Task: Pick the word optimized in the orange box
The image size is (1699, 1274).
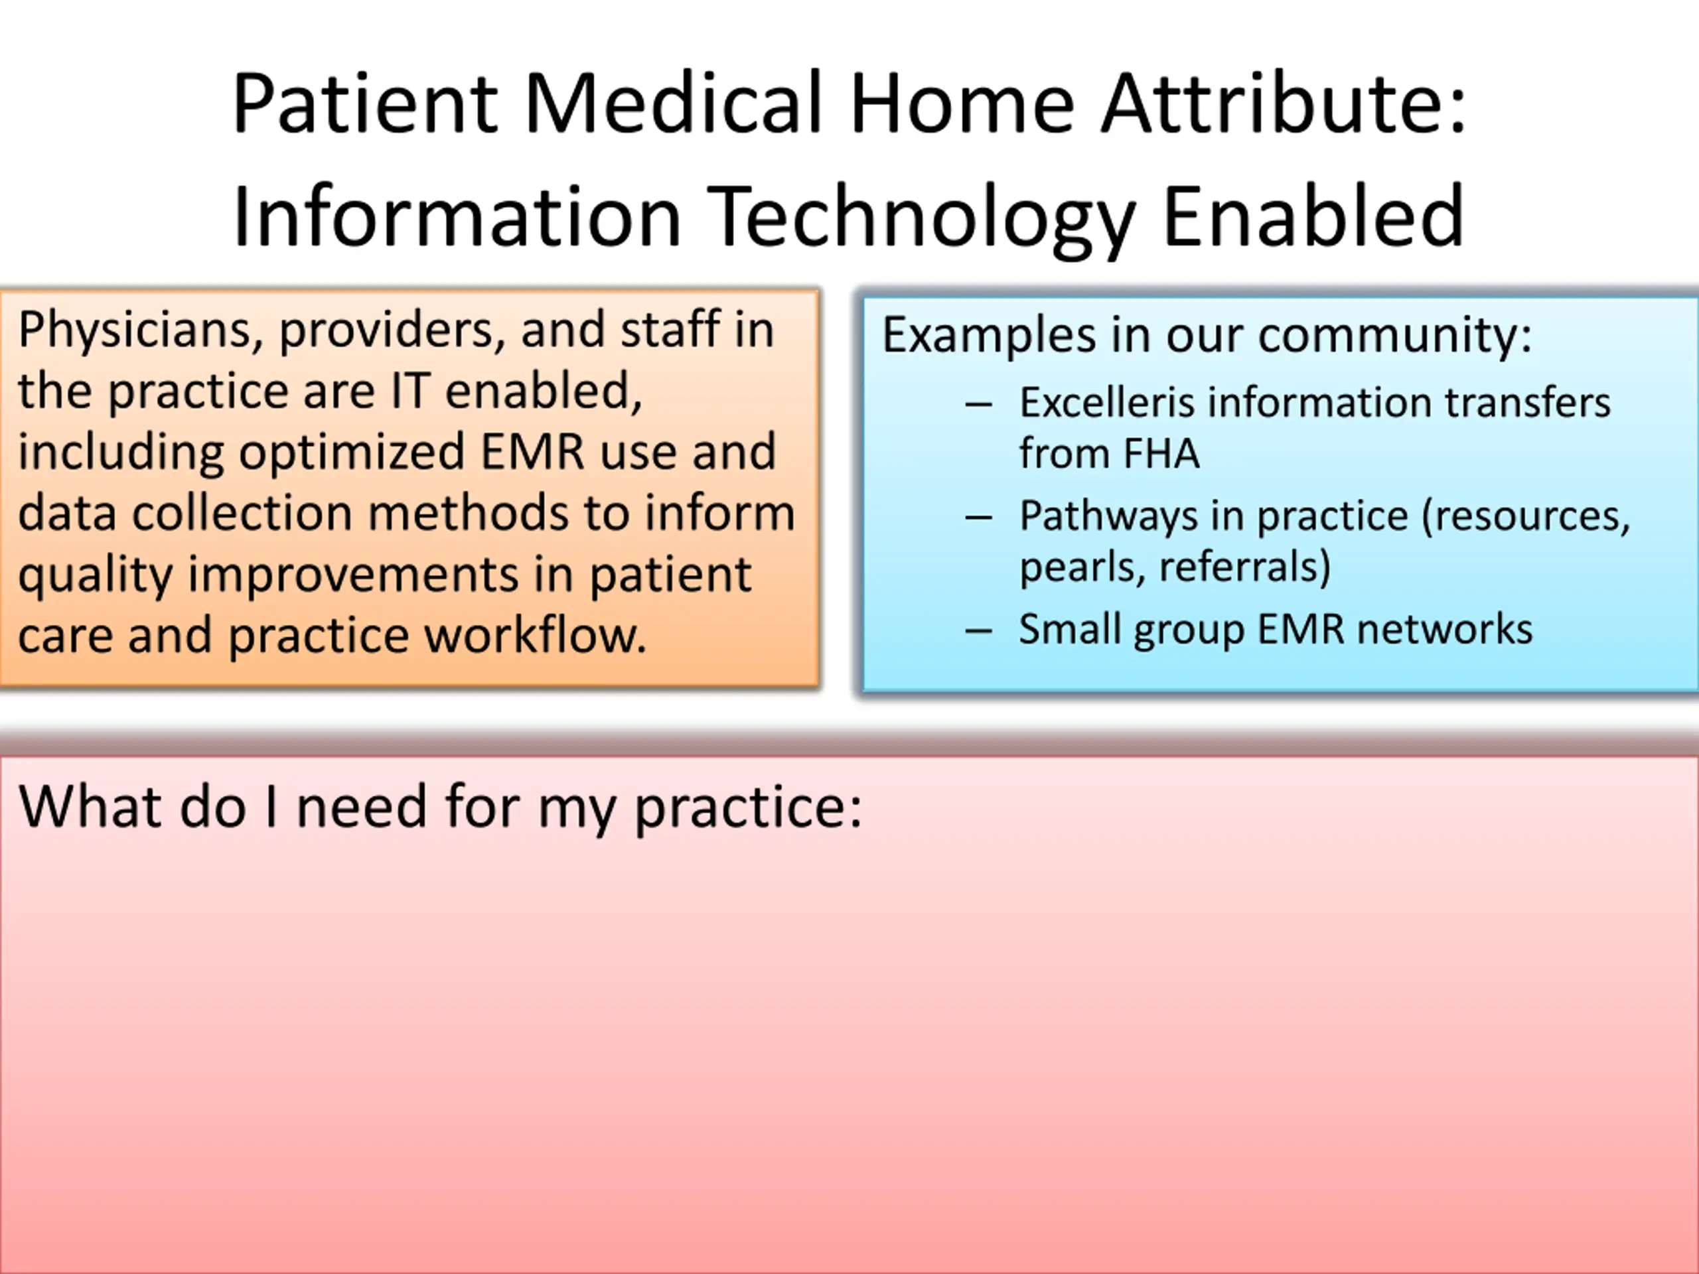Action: point(352,453)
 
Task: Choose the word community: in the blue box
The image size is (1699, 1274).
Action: point(1394,337)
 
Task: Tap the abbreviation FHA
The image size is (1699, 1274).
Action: point(1161,453)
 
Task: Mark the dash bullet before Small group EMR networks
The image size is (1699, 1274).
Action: point(978,631)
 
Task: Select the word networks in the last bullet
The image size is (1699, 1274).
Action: point(1445,630)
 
